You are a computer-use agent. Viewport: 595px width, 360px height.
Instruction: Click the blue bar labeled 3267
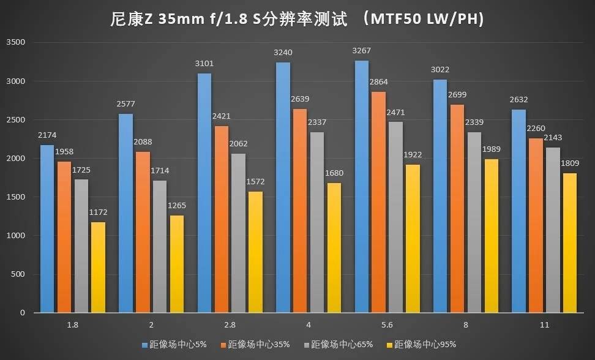(x=361, y=187)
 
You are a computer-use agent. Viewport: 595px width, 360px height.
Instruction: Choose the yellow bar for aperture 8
(x=492, y=236)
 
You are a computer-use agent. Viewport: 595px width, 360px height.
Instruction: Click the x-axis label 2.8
(x=225, y=324)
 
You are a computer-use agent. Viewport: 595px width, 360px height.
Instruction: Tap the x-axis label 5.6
(x=382, y=324)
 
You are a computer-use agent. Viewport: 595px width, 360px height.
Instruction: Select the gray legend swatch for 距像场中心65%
(x=305, y=344)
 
